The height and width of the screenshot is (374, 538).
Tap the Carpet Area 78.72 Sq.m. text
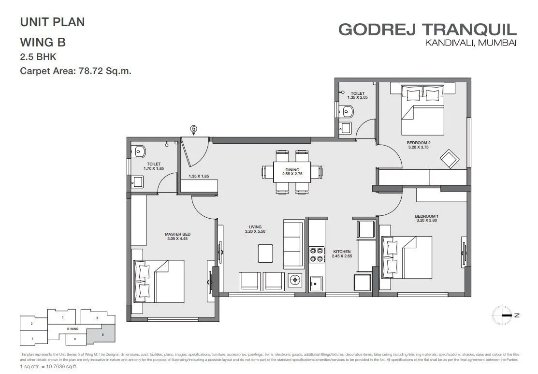coord(76,71)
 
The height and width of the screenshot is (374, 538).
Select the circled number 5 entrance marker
coord(193,129)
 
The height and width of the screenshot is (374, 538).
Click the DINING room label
coord(292,170)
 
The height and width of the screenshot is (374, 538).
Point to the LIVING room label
coord(255,227)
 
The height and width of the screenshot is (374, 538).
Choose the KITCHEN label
coord(342,252)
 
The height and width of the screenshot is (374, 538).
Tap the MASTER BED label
coord(176,234)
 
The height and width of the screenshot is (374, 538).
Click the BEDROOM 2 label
coord(418,142)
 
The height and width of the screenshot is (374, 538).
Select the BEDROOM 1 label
coord(426,216)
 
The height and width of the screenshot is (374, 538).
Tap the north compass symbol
coord(503,315)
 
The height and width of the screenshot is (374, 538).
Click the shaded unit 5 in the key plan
coord(102,333)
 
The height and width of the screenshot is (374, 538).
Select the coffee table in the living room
coord(265,252)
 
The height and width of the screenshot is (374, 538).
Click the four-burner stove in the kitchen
coord(316,255)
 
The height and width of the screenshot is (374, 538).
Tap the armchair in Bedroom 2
coord(449,158)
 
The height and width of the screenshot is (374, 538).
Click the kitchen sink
coord(316,284)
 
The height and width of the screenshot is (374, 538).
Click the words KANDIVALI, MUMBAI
coord(470,44)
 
